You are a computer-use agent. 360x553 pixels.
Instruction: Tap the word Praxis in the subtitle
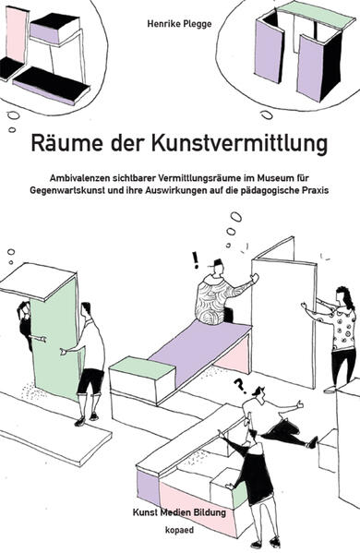[x=316, y=190]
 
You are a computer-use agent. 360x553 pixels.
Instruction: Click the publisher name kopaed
[x=179, y=530]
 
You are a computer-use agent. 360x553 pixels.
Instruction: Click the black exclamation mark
[x=195, y=260]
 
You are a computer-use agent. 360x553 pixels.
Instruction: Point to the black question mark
[x=240, y=386]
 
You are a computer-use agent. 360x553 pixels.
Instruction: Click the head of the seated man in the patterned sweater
[x=217, y=269]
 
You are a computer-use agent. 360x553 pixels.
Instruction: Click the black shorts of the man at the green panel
[x=90, y=380]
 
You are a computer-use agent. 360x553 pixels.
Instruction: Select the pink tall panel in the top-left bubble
[x=17, y=34]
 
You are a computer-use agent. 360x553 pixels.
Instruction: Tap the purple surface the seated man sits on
[x=199, y=347]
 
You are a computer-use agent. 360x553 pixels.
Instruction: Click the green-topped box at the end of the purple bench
[x=142, y=380]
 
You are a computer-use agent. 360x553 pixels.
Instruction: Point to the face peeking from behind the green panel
[x=24, y=309]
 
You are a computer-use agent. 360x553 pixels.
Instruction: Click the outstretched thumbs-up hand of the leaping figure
[x=300, y=404]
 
